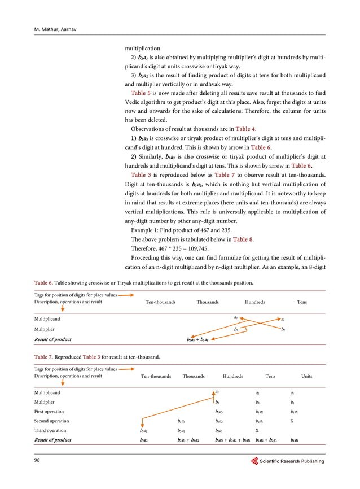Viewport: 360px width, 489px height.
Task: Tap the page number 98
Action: coord(38,461)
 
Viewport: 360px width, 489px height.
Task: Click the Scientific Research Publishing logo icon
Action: coord(254,461)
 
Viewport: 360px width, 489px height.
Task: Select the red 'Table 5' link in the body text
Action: coord(141,92)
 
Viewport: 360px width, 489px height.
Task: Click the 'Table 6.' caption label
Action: coord(44,282)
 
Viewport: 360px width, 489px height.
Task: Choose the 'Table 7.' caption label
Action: coord(44,356)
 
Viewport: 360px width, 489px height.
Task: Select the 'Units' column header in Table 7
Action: coord(306,376)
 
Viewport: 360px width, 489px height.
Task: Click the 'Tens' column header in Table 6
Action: coord(302,302)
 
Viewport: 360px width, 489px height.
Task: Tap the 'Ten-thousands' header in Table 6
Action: coord(161,302)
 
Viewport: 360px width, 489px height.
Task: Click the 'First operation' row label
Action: coord(50,412)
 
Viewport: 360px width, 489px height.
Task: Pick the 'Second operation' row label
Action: coord(52,421)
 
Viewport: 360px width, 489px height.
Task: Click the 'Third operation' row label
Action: coord(50,430)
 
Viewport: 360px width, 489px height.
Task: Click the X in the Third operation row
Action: coord(257,430)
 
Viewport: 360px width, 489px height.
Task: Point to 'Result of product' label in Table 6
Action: coord(53,339)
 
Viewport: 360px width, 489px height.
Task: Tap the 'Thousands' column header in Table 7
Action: coord(194,376)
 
